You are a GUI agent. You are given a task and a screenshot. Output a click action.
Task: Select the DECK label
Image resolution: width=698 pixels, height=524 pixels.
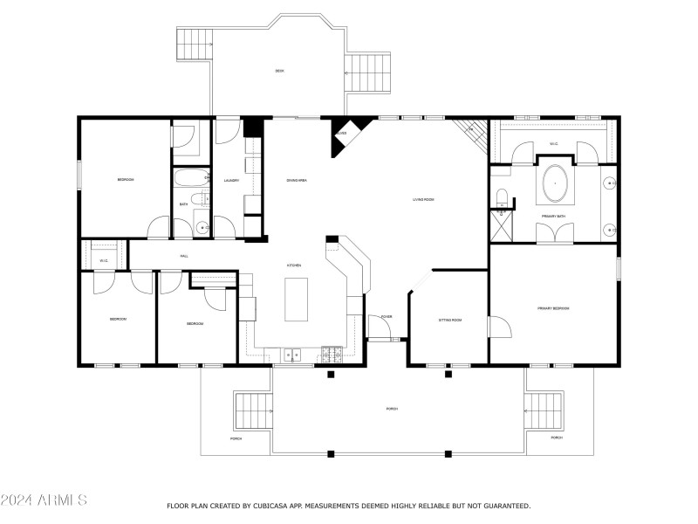279,71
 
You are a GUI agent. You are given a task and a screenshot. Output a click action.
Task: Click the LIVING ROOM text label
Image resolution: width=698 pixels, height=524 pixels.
423,199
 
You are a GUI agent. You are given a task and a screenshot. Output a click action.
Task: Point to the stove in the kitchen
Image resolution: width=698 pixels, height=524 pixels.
331,354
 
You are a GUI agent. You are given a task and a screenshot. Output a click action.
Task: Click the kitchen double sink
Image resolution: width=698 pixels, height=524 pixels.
292,354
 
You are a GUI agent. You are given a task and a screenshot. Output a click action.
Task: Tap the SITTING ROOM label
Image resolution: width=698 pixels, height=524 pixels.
449,321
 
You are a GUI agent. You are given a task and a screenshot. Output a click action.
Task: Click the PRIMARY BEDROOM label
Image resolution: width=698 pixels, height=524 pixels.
553,308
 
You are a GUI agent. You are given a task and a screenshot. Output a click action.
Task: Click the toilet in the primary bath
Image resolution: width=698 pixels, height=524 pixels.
502,196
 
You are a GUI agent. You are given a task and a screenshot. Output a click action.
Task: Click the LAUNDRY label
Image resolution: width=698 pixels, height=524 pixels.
231,180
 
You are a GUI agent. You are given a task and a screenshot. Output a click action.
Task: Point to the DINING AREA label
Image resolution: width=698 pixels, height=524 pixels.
297,180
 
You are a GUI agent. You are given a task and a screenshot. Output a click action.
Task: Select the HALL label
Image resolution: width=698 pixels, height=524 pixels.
184,256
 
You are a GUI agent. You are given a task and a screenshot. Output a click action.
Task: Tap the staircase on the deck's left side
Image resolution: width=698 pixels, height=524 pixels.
195,44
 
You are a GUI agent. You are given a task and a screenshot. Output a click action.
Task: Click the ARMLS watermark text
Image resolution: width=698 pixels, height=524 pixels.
44,500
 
